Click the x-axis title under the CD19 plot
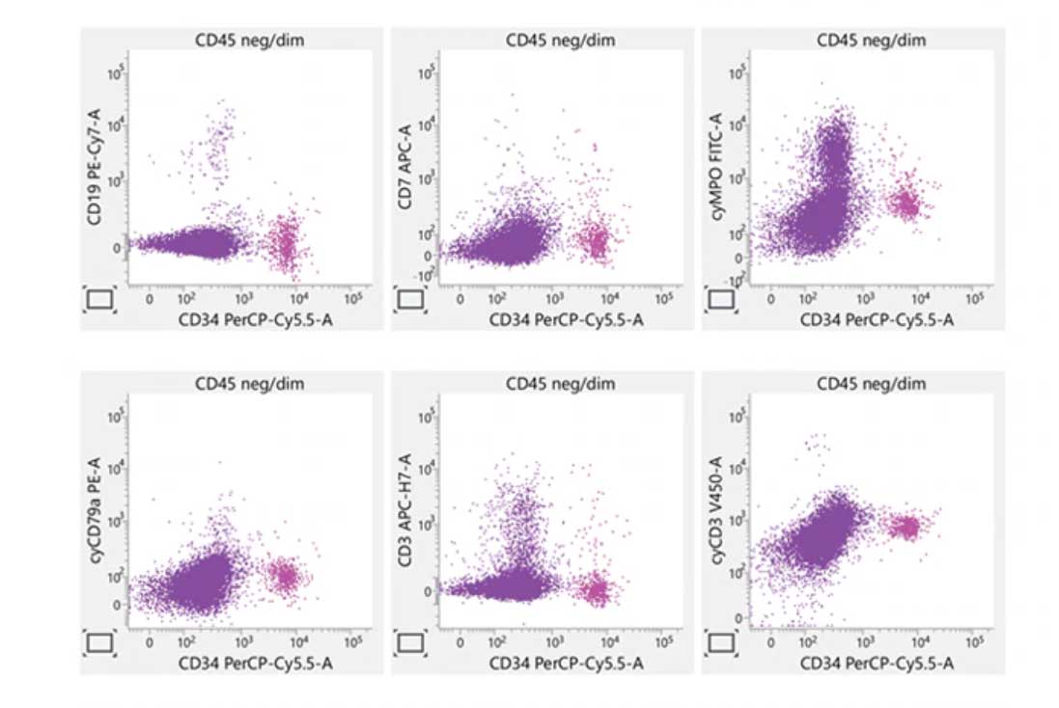click(x=249, y=316)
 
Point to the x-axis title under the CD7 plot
click(x=560, y=316)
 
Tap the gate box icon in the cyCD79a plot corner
click(x=100, y=643)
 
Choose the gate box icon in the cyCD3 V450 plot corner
click(x=722, y=643)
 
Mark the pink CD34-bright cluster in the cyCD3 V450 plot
click(x=907, y=527)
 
